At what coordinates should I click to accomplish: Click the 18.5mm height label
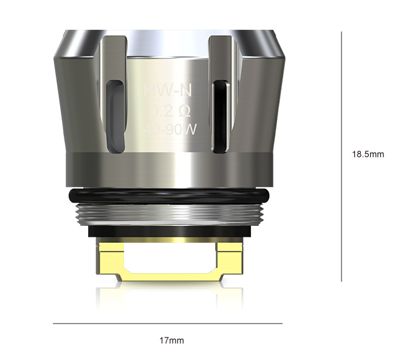click(x=368, y=154)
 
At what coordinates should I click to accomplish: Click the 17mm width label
click(x=171, y=341)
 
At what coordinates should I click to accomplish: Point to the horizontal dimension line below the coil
click(x=167, y=323)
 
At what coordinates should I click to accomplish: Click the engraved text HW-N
click(x=167, y=92)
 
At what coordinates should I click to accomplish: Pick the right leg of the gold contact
click(x=230, y=258)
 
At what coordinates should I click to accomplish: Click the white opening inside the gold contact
click(x=170, y=258)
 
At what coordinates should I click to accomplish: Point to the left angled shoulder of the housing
click(x=76, y=91)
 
